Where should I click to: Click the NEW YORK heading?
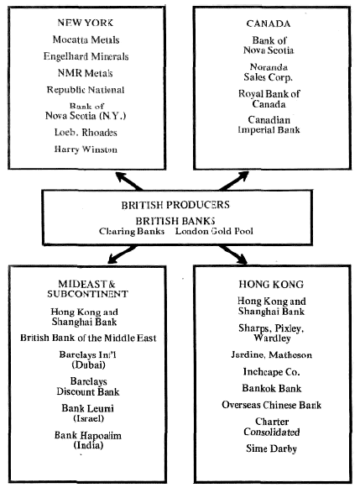point(85,23)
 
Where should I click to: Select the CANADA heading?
point(269,24)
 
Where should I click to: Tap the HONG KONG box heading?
point(271,284)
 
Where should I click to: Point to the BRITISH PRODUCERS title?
point(175,205)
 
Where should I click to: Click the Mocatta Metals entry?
point(86,39)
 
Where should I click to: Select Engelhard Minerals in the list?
point(86,56)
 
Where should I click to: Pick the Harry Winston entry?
point(86,149)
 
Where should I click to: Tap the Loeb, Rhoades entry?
point(86,133)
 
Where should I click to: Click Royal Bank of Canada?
point(269,99)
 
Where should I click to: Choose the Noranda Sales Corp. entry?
point(269,72)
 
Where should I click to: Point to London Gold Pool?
point(214,231)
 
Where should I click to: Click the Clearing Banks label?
point(132,231)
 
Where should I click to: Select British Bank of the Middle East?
point(88,338)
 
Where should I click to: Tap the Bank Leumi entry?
point(87,413)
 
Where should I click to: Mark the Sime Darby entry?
point(271,448)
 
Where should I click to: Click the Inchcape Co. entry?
point(271,371)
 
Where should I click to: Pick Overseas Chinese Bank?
point(271,405)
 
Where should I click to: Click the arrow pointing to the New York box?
point(128,181)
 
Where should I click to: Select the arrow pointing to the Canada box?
point(234,181)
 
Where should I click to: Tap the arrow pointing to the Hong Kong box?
point(233,254)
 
